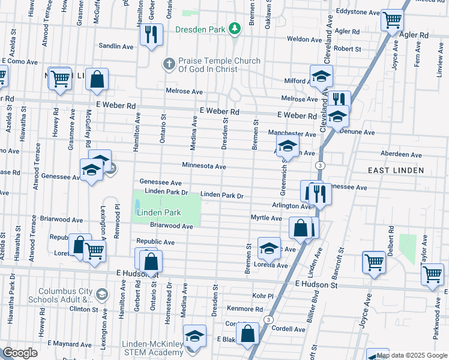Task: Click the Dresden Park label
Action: click(x=201, y=29)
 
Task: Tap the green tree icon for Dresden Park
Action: click(x=236, y=28)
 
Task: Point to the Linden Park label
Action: click(x=159, y=213)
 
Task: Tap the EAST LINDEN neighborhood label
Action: click(x=396, y=170)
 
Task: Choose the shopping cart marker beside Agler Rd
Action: click(x=392, y=22)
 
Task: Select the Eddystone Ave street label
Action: click(x=358, y=12)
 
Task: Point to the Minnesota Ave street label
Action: click(x=204, y=166)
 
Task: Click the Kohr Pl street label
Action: click(x=263, y=296)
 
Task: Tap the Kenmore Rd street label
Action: click(x=245, y=309)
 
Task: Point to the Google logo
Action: click(x=20, y=353)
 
